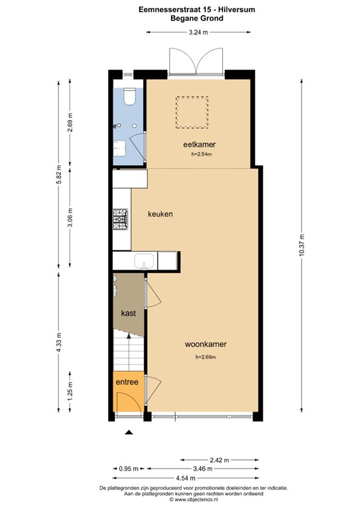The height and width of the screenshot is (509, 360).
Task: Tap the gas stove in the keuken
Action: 121,220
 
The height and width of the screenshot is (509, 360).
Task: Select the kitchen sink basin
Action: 144,261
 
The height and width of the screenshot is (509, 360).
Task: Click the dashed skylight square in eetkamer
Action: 192,113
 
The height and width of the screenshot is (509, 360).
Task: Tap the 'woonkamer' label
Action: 206,345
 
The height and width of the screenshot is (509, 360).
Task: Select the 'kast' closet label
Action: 129,313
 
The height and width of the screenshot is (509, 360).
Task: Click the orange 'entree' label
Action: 127,382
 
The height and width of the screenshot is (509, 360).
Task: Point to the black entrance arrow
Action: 129,432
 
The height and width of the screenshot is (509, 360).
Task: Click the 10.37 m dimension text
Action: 302,245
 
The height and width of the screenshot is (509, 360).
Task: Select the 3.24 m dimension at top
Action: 198,32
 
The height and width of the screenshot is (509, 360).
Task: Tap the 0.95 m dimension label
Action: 129,469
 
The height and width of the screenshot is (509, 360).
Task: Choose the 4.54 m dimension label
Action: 204,477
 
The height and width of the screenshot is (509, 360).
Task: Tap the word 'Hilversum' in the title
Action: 202,10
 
